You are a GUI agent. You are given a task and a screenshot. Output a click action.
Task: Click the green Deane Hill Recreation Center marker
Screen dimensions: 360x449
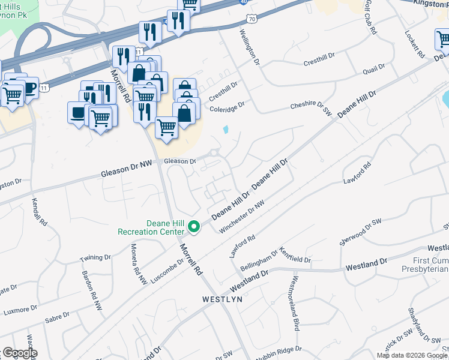[x=193, y=226]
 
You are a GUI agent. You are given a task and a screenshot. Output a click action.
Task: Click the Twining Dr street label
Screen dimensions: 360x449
[x=95, y=258]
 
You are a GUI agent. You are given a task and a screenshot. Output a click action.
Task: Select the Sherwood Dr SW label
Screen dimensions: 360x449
[x=360, y=231]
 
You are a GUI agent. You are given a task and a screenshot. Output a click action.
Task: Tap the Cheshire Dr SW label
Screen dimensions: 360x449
[x=310, y=107]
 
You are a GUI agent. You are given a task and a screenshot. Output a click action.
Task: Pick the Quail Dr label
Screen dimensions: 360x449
[x=373, y=71]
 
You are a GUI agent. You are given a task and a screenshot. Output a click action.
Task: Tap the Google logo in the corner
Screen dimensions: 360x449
[x=19, y=353]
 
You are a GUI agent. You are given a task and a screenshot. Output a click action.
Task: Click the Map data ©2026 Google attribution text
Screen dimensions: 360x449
[x=412, y=355]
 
